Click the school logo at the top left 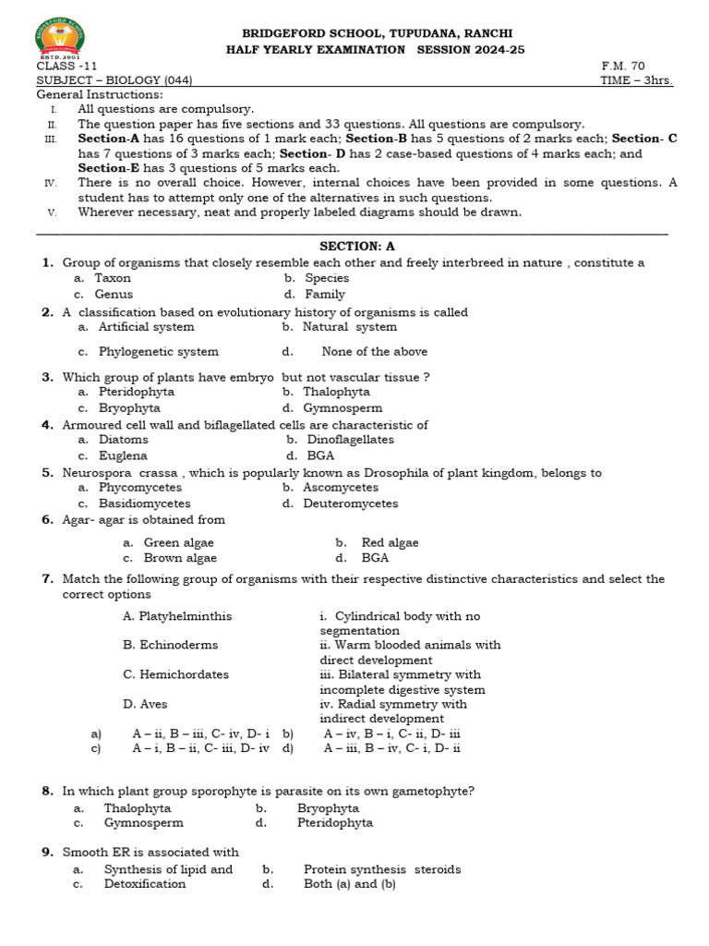(64, 36)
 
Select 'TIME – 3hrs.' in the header (636, 81)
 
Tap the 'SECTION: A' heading (356, 246)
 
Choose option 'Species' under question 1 (327, 278)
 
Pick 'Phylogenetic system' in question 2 (159, 352)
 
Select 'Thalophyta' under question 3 (336, 392)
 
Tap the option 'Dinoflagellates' (350, 441)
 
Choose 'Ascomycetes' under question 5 (340, 488)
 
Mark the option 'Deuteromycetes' (350, 504)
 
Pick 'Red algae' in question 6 (390, 543)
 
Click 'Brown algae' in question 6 (180, 558)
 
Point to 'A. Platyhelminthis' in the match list (177, 616)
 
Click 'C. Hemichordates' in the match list (175, 675)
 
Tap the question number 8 (47, 792)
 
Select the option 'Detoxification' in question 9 (145, 884)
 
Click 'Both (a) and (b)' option (349, 884)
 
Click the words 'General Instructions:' (100, 94)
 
